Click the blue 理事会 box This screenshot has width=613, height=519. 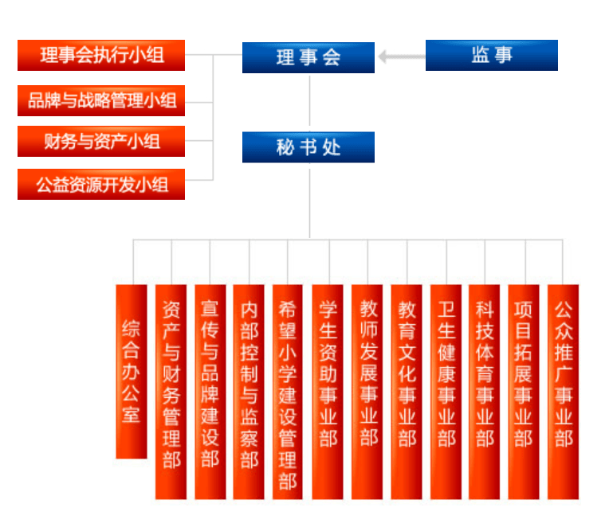tap(308, 57)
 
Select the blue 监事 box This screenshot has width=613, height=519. tap(491, 55)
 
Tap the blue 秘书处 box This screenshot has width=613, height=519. tap(308, 147)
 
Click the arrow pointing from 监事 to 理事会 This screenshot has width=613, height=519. tap(402, 57)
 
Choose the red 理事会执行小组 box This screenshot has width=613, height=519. tap(101, 55)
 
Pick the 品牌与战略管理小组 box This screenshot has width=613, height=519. tap(101, 101)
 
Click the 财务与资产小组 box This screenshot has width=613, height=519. tap(101, 142)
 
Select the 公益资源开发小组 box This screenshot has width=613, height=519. tap(101, 185)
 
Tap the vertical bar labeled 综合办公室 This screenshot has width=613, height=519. tap(132, 372)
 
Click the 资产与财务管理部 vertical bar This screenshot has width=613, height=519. tap(171, 392)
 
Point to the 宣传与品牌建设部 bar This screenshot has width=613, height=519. tap(210, 392)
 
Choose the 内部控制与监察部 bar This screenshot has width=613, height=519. tap(249, 392)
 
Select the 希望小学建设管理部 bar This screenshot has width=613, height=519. tap(287, 392)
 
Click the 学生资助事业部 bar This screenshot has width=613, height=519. tap(328, 392)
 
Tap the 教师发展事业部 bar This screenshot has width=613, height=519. tap(367, 392)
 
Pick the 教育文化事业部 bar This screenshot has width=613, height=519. tap(407, 392)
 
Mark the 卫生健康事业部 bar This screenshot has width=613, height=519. tap(446, 392)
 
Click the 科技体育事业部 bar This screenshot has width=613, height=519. tap(485, 392)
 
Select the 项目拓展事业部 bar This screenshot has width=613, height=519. tap(524, 392)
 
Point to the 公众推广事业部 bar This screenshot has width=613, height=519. tap(564, 392)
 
